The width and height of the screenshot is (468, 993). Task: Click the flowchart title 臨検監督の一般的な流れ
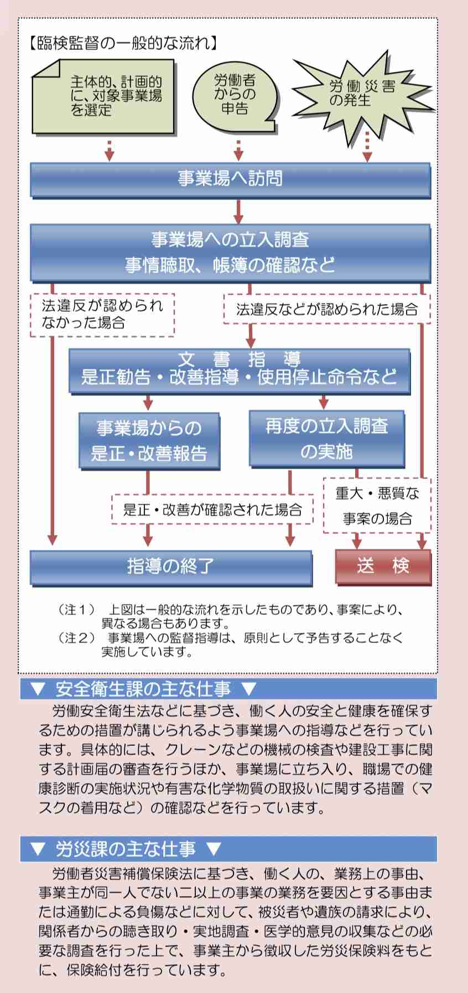pyautogui.click(x=122, y=43)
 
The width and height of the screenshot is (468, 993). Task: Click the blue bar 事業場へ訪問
pyautogui.click(x=230, y=179)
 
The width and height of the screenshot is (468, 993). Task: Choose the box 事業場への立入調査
pyautogui.click(x=230, y=252)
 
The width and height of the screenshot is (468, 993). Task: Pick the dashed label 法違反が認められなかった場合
pyautogui.click(x=102, y=315)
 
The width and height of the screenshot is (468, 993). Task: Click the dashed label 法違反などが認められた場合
pyautogui.click(x=326, y=309)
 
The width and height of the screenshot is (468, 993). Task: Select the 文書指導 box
pyautogui.click(x=239, y=370)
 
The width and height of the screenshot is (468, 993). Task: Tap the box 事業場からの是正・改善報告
pyautogui.click(x=149, y=440)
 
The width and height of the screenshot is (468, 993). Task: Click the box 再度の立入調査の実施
pyautogui.click(x=326, y=438)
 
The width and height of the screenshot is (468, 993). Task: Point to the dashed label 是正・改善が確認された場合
pyautogui.click(x=212, y=510)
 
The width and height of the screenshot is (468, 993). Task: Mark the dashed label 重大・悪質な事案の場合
pyautogui.click(x=377, y=506)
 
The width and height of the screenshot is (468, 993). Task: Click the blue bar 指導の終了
pyautogui.click(x=171, y=567)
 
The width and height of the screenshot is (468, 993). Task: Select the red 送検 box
pyautogui.click(x=383, y=566)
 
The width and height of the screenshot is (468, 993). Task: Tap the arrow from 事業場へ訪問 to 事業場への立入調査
pyautogui.click(x=238, y=210)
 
